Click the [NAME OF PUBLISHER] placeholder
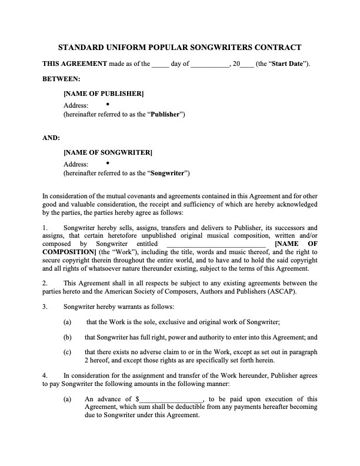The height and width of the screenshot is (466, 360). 104,93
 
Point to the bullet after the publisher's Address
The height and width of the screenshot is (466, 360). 108,104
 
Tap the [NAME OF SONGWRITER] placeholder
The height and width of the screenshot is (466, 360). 108,153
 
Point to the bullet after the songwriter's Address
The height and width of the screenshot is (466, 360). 108,163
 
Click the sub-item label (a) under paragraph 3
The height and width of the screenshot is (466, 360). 68,322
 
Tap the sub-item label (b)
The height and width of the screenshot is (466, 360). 68,338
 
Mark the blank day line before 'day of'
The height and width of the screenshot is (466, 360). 160,64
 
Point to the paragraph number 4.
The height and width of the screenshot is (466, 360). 45,375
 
